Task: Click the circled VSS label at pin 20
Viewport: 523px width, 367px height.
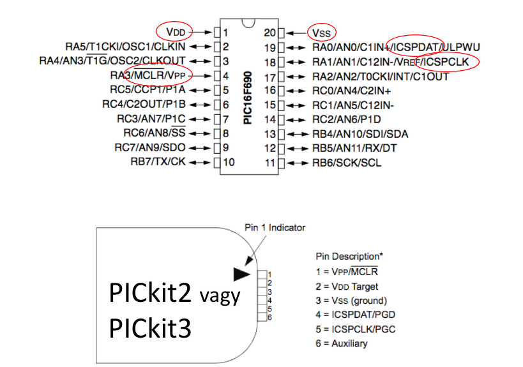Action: point(322,32)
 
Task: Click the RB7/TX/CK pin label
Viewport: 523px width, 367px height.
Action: point(158,162)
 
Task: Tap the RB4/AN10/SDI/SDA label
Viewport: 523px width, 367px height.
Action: point(360,134)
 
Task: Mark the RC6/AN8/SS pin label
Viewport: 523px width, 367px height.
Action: point(154,133)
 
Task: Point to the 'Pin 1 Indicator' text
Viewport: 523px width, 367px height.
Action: point(275,227)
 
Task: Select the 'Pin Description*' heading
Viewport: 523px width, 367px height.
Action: point(349,256)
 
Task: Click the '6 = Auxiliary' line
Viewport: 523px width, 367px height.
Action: point(342,343)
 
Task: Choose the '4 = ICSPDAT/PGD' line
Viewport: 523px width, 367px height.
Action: point(353,315)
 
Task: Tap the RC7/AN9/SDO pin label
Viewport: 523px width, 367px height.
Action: point(150,148)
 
